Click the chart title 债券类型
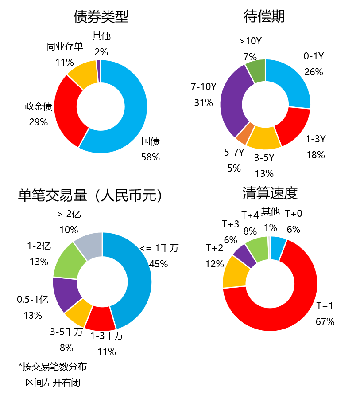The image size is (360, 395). (101, 17)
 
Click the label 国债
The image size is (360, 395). (151, 142)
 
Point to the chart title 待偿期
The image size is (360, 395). (264, 17)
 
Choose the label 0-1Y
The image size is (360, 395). (314, 56)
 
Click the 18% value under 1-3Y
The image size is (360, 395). (315, 155)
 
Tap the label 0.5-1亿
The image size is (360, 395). (32, 300)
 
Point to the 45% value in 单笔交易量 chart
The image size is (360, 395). (159, 264)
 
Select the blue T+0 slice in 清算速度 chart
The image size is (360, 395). (278, 243)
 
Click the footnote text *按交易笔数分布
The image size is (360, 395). (53, 367)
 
